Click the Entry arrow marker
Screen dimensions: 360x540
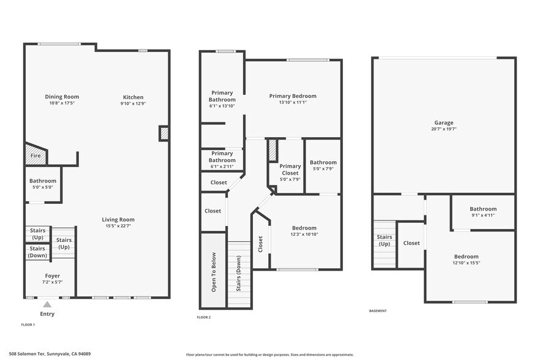47,304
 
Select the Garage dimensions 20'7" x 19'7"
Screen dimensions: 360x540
445,129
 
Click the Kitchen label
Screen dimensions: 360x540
133,97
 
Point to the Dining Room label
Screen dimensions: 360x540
62,97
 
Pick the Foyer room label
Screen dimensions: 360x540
52,276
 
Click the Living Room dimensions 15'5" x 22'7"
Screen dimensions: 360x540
118,226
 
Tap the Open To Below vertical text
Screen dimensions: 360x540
214,272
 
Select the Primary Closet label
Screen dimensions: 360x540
290,170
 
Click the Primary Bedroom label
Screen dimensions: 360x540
293,96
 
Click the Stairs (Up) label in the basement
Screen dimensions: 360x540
384,240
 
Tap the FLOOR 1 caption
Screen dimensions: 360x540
28,324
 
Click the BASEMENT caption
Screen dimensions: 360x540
378,310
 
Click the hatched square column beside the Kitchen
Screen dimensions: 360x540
164,133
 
